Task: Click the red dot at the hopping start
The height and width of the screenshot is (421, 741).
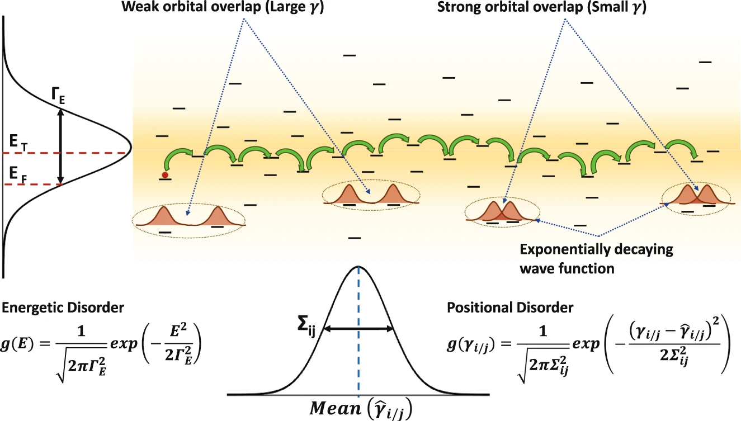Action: [165, 175]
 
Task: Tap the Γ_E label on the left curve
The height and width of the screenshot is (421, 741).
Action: [58, 96]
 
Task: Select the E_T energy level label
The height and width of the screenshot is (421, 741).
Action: [18, 143]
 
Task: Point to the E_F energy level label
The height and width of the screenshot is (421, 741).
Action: [18, 174]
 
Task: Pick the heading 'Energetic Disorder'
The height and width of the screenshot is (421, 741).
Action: [63, 308]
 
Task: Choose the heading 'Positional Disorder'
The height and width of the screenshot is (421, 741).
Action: [510, 308]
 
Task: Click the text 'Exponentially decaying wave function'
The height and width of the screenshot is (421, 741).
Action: [596, 259]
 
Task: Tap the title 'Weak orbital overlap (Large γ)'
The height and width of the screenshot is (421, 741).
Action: [223, 7]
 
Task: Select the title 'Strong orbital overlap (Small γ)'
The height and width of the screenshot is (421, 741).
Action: [541, 7]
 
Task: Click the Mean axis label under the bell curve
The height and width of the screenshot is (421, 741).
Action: [361, 409]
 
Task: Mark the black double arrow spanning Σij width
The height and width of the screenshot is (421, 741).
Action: [358, 329]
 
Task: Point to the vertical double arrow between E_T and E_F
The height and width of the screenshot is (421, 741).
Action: [60, 146]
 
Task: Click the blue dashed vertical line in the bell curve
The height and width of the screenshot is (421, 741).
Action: [358, 331]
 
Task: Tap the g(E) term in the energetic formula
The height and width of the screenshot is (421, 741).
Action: [17, 344]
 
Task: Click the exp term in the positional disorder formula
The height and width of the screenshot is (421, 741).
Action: [586, 344]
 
